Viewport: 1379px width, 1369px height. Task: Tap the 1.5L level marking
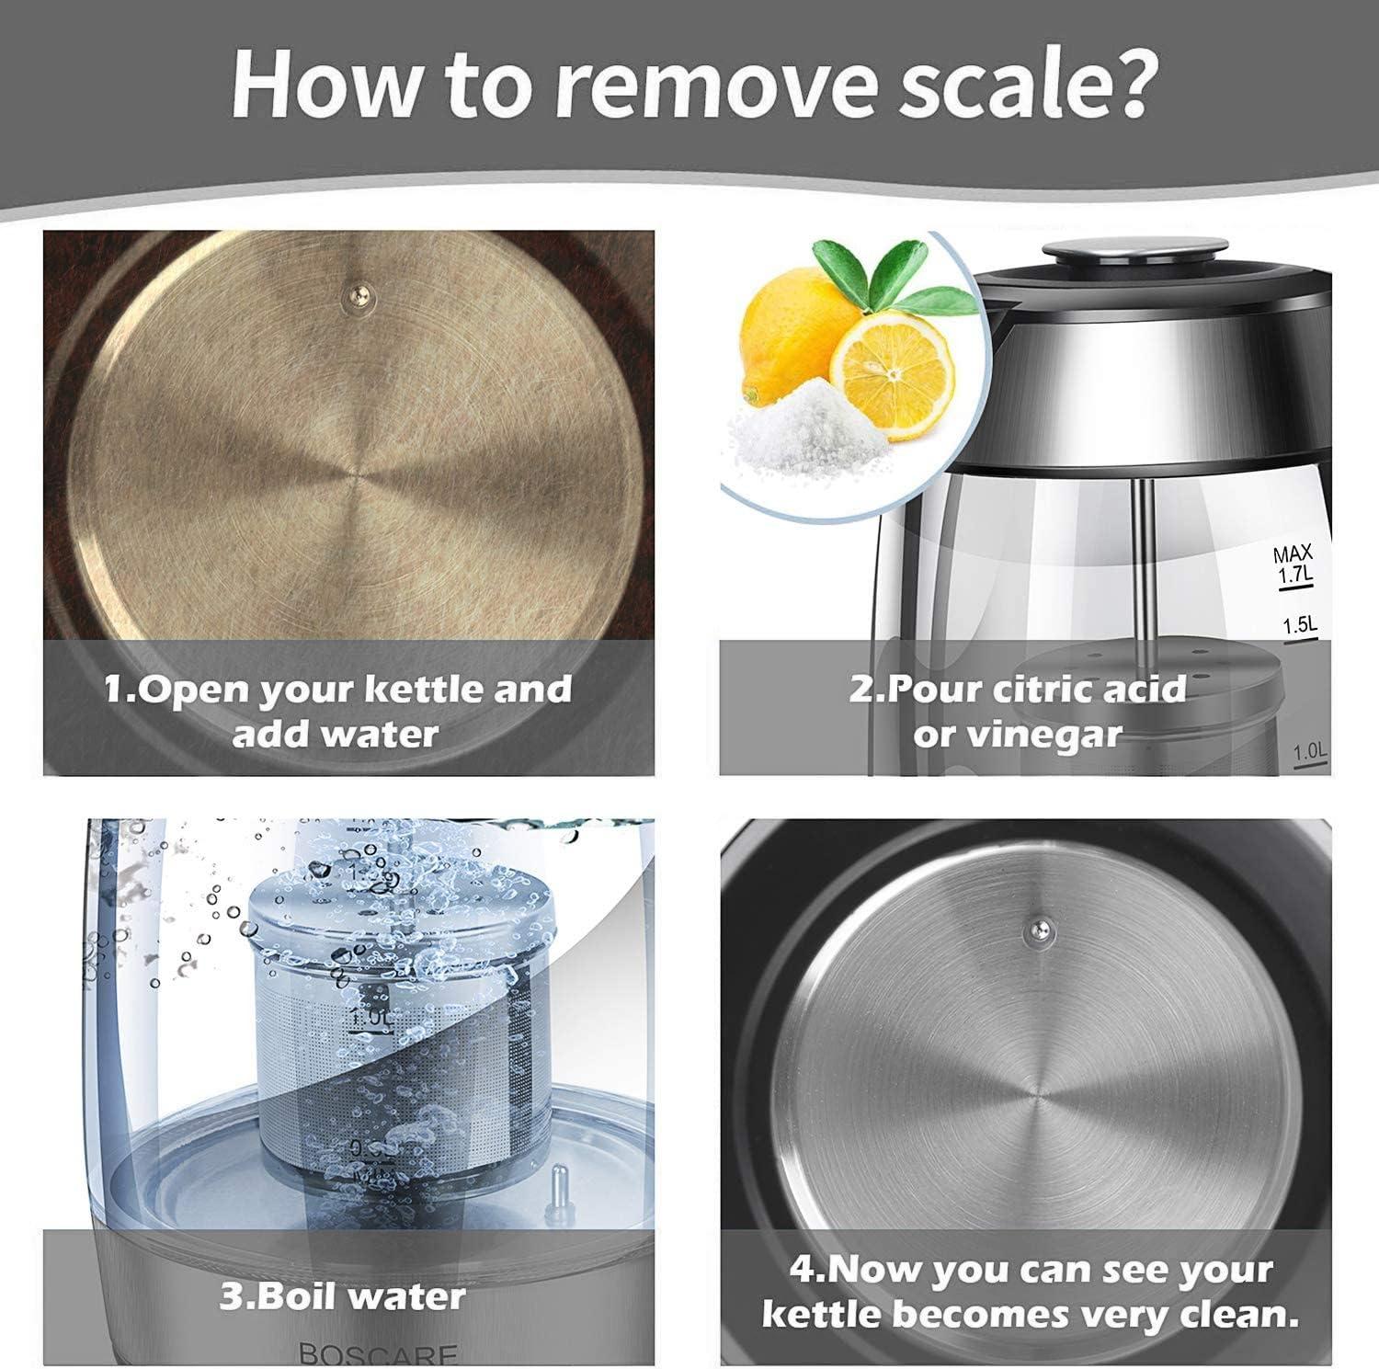[1301, 625]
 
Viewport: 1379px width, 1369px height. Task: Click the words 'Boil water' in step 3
[342, 1297]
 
